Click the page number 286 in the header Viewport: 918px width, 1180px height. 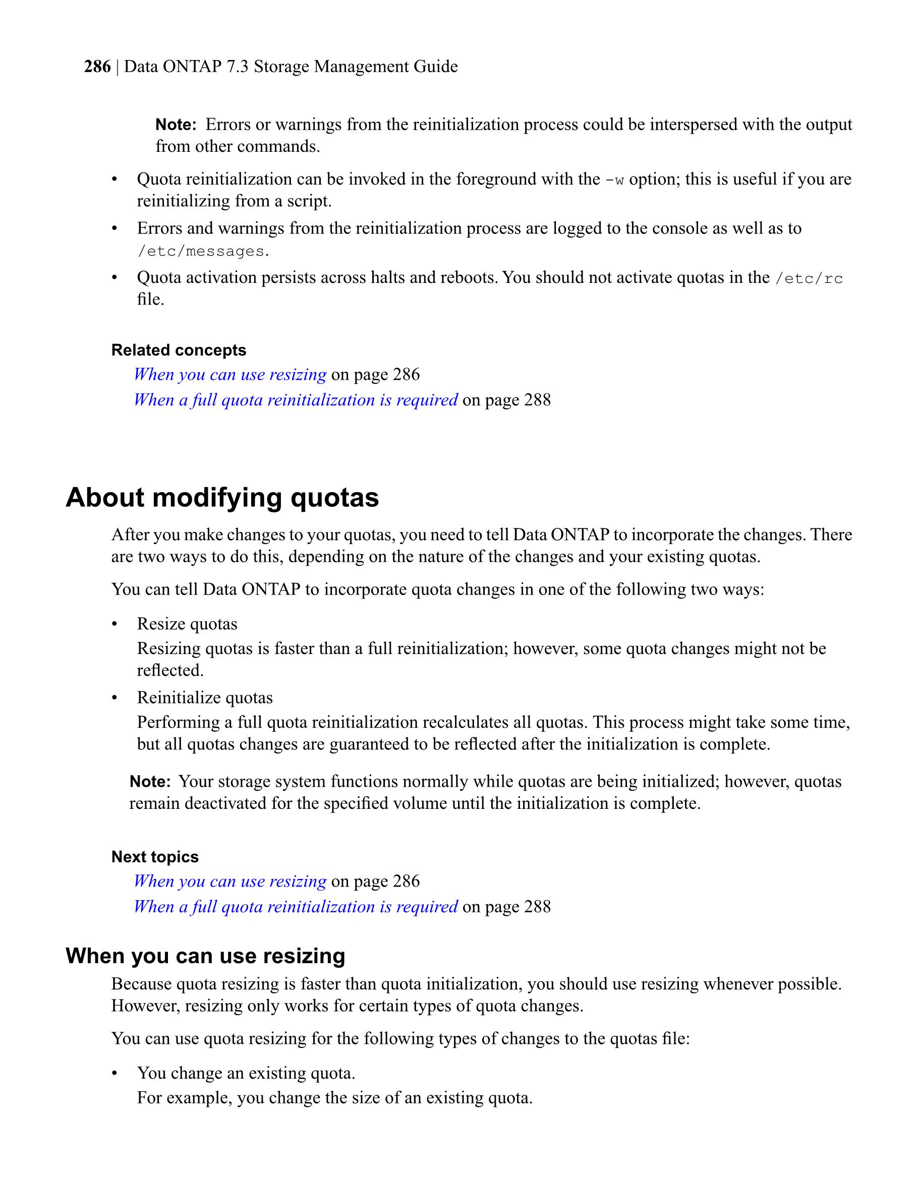pyautogui.click(x=97, y=67)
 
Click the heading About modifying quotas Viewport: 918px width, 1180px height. pyautogui.click(x=222, y=497)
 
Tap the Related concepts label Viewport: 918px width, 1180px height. pyautogui.click(x=179, y=350)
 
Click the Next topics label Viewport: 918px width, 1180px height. pyautogui.click(x=154, y=856)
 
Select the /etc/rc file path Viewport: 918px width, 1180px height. pyautogui.click(x=809, y=279)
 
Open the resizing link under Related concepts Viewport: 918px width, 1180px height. pyautogui.click(x=230, y=374)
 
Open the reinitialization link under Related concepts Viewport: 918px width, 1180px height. pyautogui.click(x=296, y=400)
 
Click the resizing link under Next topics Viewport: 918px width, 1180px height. pyautogui.click(x=230, y=881)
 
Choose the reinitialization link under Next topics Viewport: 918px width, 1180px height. pyautogui.click(x=296, y=907)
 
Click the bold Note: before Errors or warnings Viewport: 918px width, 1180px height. pyautogui.click(x=176, y=125)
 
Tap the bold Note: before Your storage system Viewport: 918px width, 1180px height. pyautogui.click(x=150, y=781)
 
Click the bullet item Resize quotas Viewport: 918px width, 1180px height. pyautogui.click(x=187, y=624)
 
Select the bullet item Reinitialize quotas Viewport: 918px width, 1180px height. pyautogui.click(x=205, y=697)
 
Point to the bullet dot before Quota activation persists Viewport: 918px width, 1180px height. pyautogui.click(x=114, y=278)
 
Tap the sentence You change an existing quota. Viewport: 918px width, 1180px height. pyautogui.click(x=246, y=1073)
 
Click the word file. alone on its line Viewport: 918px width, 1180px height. pyautogui.click(x=150, y=300)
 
